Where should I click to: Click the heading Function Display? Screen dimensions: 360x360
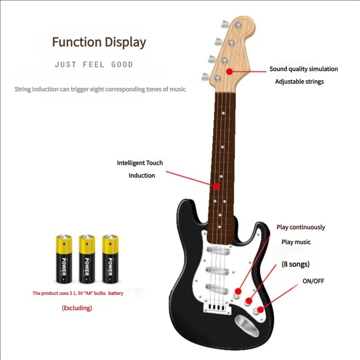(x=99, y=42)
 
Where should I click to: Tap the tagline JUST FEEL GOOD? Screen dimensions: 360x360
(x=94, y=65)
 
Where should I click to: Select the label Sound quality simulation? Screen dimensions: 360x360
(x=303, y=69)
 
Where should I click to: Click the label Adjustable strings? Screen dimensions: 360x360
(x=299, y=82)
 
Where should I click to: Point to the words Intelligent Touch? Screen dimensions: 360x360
(x=140, y=163)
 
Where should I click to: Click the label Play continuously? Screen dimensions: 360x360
(x=300, y=227)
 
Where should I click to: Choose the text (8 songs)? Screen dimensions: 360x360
(x=295, y=264)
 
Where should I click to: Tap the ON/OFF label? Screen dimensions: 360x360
(x=313, y=281)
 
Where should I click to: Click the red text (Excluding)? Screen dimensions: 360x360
(x=77, y=308)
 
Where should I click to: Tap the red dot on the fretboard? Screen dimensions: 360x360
(x=217, y=186)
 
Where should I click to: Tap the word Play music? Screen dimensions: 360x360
(x=296, y=242)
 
